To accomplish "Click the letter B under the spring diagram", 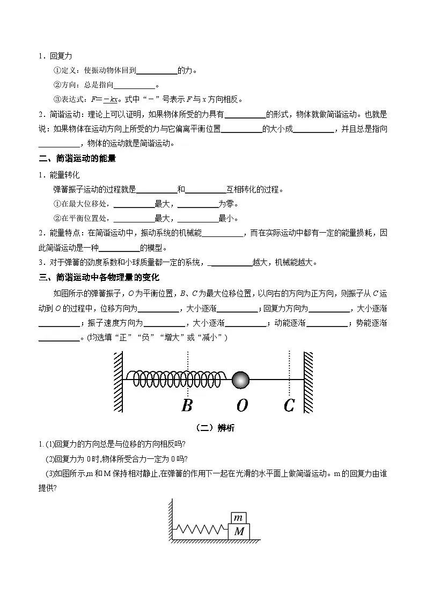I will pyautogui.click(x=187, y=405).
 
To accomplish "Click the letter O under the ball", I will pyautogui.click(x=242, y=406).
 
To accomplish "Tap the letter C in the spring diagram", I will pyautogui.click(x=289, y=406).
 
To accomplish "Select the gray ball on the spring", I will pyautogui.click(x=241, y=380).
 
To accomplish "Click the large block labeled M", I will pyautogui.click(x=239, y=532).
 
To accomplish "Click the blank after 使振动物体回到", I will pyautogui.click(x=157, y=71).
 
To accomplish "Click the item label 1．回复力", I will pyautogui.click(x=55, y=56).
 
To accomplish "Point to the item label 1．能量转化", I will pyautogui.click(x=58, y=175).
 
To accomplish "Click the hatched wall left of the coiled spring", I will pyautogui.click(x=119, y=381).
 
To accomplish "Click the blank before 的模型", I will pyautogui.click(x=119, y=248).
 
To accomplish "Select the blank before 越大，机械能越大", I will pyautogui.click(x=232, y=263).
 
